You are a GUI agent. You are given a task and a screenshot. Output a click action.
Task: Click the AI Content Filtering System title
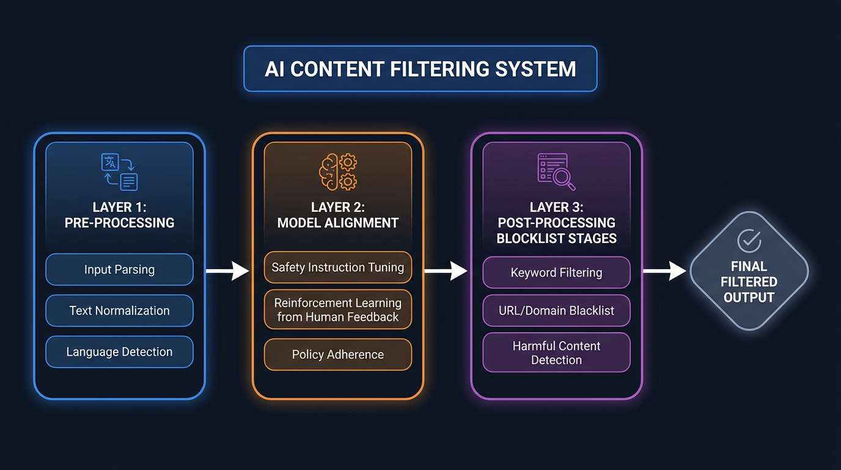(420, 69)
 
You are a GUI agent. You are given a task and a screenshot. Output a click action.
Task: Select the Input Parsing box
(119, 270)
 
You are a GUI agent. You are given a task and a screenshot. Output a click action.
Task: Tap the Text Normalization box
(119, 311)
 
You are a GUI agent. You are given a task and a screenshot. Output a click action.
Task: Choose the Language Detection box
(119, 352)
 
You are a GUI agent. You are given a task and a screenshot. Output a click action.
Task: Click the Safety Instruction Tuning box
(337, 267)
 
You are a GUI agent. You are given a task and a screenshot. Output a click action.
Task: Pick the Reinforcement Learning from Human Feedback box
(337, 310)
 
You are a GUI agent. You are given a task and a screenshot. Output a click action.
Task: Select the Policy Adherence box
(337, 355)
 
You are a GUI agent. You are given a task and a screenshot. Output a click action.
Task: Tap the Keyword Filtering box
(556, 273)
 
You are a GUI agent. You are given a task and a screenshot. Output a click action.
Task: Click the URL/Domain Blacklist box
(556, 311)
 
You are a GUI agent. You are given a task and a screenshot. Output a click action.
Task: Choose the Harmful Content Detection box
(556, 352)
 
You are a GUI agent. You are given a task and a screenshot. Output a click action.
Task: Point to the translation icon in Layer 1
(119, 172)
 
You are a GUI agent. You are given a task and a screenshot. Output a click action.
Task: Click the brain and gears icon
(338, 172)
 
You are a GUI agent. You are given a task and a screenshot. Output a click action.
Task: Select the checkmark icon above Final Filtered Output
(749, 241)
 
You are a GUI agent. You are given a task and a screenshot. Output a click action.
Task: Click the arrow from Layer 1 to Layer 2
(227, 270)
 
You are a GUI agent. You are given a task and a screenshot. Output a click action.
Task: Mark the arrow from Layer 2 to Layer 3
(446, 270)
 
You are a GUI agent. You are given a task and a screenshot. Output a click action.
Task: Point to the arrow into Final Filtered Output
(665, 270)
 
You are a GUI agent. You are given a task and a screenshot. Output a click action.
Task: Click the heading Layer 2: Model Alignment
(337, 215)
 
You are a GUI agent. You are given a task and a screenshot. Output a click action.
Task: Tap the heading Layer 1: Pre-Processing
(119, 215)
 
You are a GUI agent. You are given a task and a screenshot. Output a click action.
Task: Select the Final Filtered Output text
(749, 282)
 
